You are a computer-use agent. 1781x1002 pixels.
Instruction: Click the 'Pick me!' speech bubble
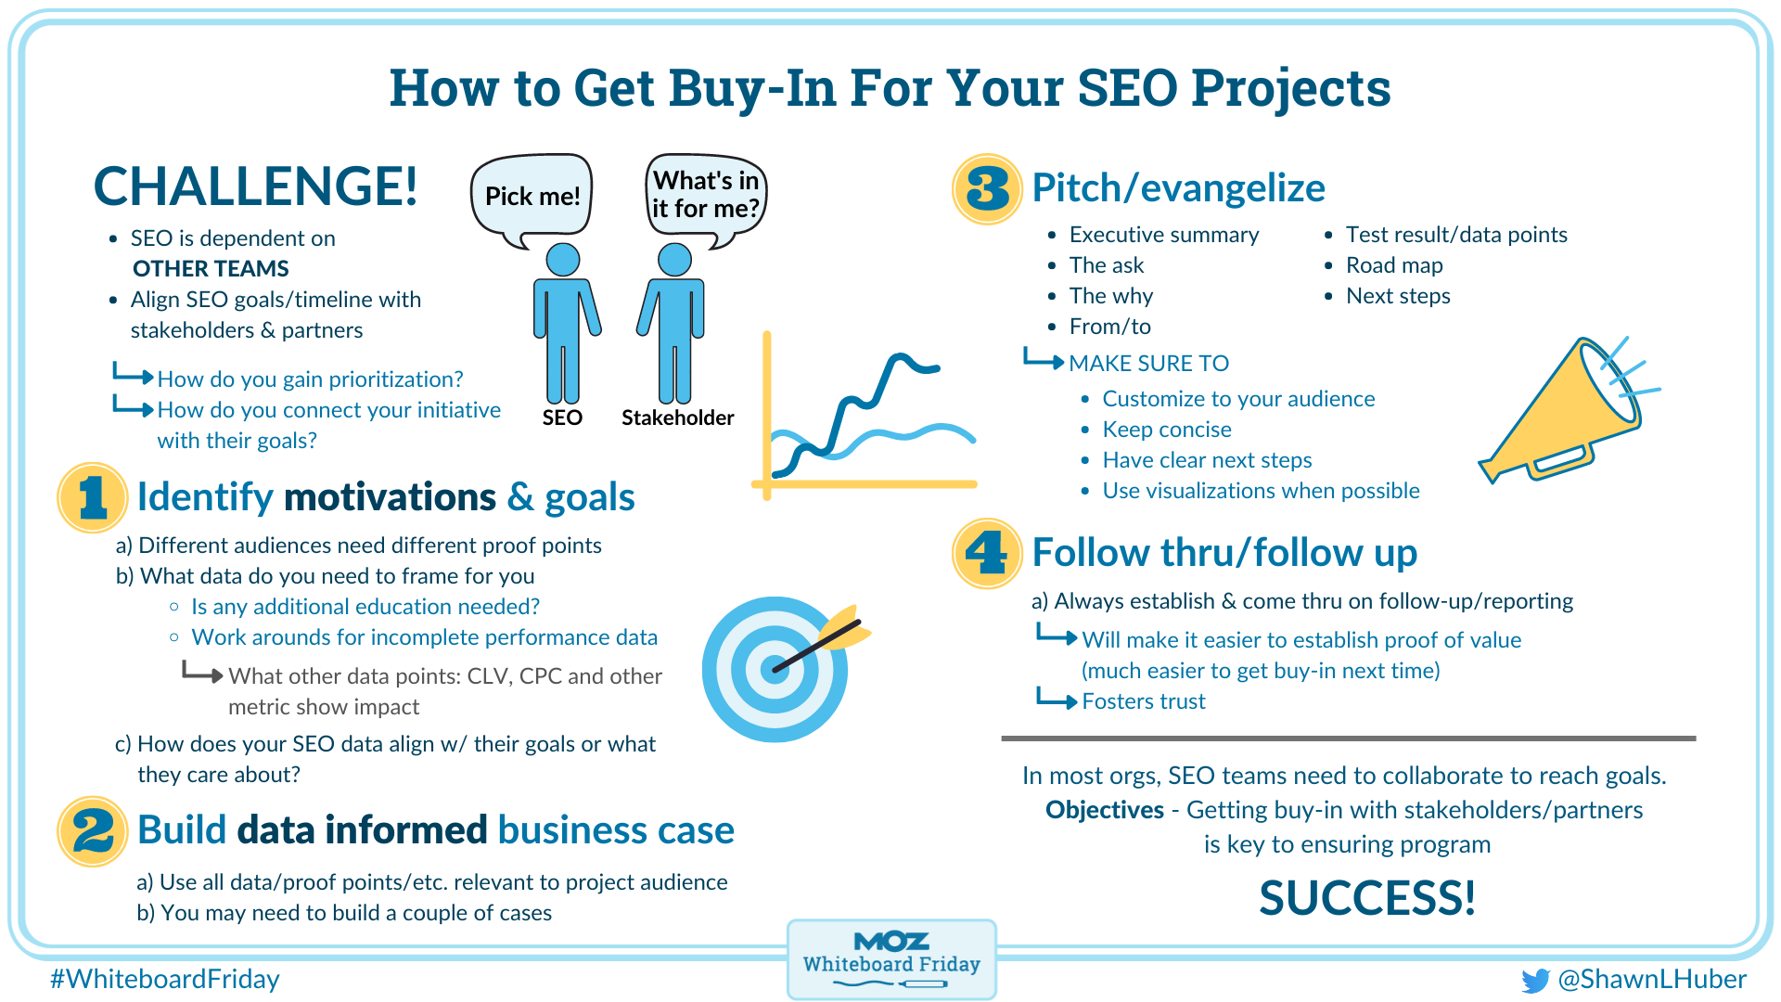coord(532,196)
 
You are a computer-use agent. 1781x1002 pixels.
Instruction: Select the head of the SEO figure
coord(563,260)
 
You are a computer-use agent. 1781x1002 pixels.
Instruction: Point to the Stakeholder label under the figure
coord(677,417)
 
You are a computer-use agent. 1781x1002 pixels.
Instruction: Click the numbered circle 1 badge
coord(92,497)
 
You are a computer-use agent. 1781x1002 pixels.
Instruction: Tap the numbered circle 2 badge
coord(92,830)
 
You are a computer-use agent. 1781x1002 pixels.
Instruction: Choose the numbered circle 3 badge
coord(987,188)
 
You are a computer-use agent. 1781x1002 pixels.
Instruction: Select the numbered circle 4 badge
coord(987,553)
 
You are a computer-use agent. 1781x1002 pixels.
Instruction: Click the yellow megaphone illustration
coord(1568,413)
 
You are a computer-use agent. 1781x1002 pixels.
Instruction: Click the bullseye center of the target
coord(775,669)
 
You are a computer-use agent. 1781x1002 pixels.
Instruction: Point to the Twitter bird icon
coord(1535,981)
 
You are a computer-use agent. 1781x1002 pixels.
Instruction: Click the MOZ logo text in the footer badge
coord(891,942)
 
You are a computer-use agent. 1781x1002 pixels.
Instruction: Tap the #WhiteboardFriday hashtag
coord(165,979)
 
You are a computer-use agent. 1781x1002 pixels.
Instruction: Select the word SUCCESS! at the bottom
coord(1366,898)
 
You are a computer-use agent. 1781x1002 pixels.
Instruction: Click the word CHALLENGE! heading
coord(256,186)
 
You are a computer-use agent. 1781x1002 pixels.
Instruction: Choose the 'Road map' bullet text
coord(1394,265)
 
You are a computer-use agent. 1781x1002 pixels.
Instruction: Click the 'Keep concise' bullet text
coord(1167,430)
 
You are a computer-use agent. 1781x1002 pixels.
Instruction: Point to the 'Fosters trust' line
coord(1144,701)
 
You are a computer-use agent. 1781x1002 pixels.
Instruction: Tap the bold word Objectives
coord(1104,810)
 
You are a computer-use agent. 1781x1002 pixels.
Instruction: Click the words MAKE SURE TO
coord(1148,364)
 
